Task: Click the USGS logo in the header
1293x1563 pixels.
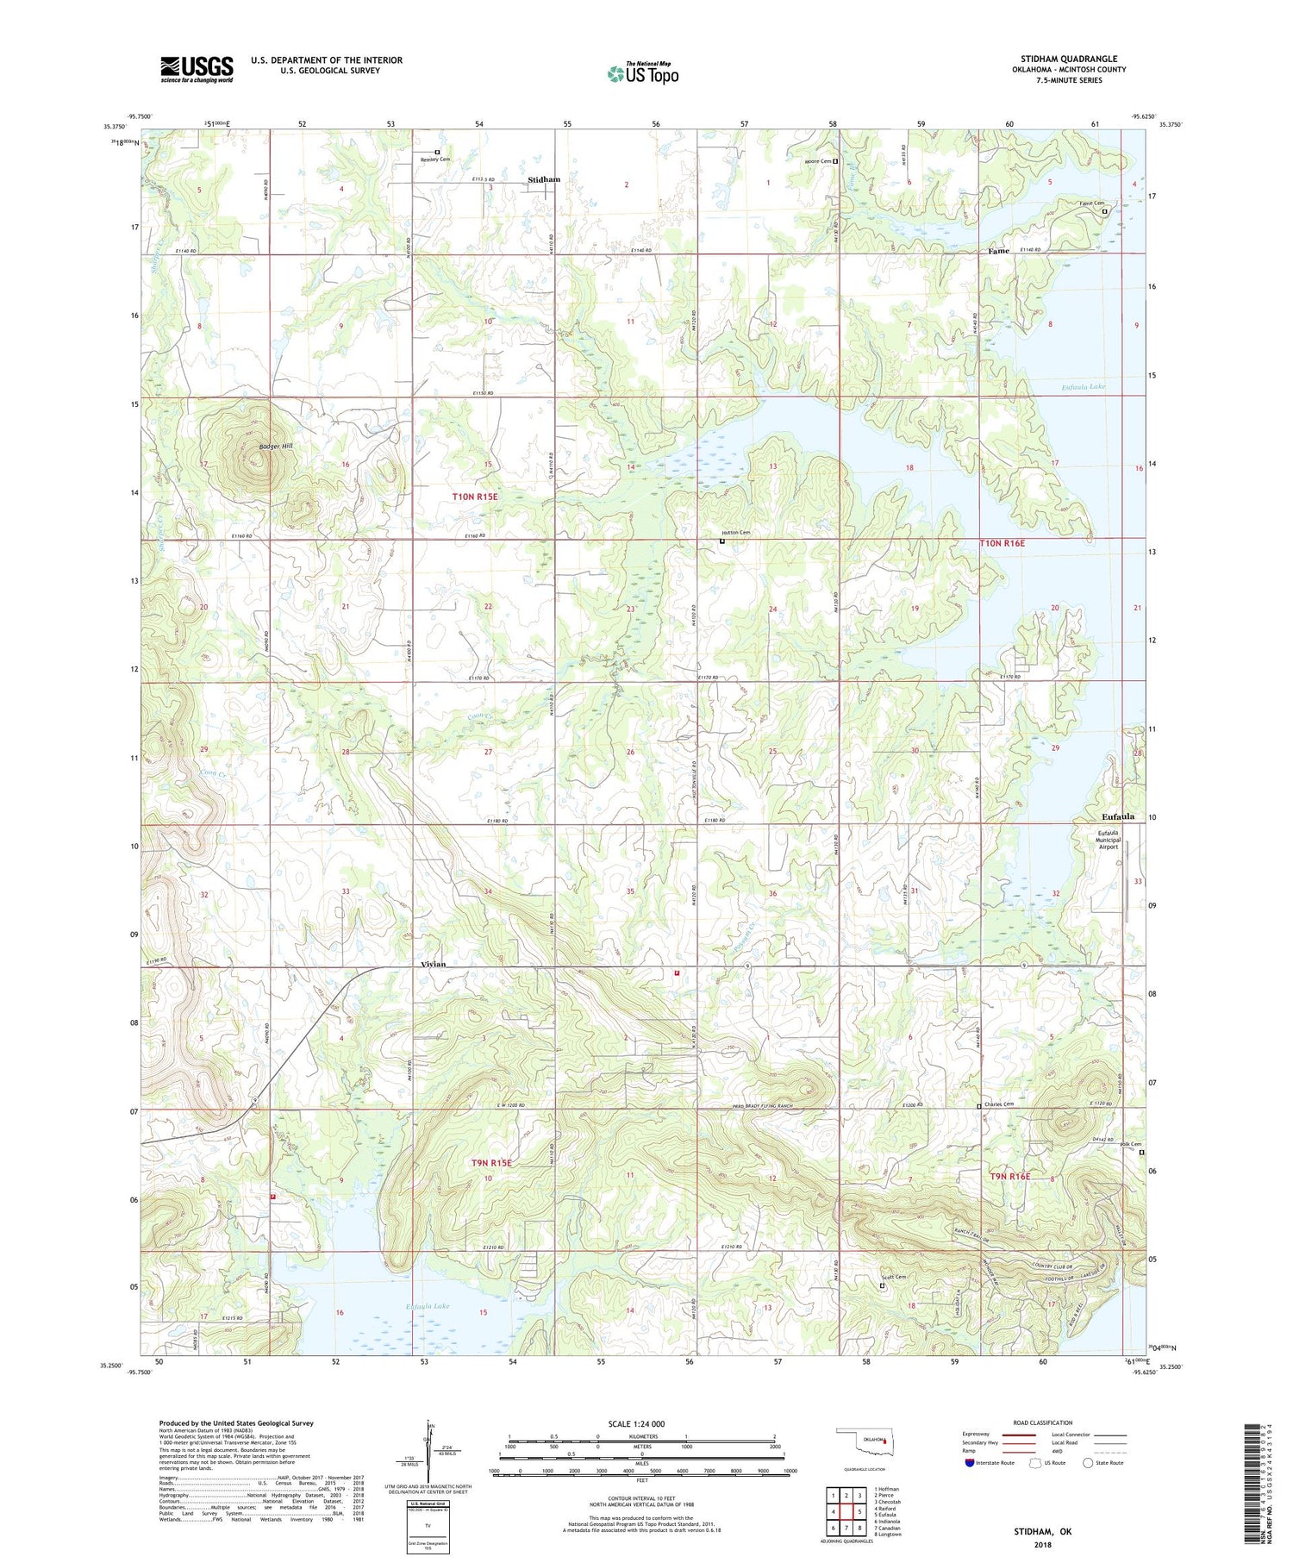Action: point(197,69)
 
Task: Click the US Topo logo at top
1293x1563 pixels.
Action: point(642,73)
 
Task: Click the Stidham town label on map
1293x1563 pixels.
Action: point(544,179)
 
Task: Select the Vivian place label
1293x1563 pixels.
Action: point(433,964)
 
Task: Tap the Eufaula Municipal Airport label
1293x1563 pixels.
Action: point(1108,840)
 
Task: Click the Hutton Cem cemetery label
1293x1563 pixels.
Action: point(737,533)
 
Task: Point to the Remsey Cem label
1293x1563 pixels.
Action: point(435,159)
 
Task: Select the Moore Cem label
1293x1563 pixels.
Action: point(817,161)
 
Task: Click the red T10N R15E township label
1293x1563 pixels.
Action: point(475,497)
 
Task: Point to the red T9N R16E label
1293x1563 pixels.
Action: point(1010,1176)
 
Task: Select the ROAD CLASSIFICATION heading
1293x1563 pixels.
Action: point(1043,1422)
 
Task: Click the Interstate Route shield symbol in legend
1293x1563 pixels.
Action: point(970,1463)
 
